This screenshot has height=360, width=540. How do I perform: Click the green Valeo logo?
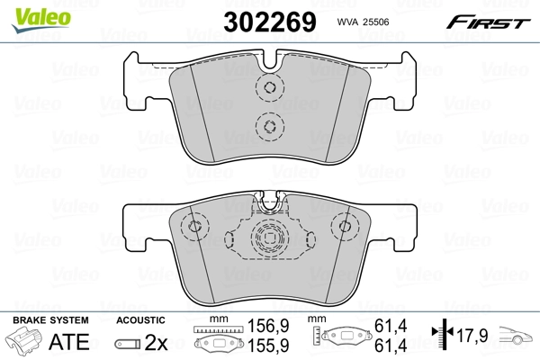point(41,20)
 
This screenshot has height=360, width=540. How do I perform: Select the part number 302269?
point(270,22)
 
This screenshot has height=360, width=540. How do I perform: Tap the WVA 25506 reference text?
point(363,22)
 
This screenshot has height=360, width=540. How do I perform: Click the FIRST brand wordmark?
point(488,22)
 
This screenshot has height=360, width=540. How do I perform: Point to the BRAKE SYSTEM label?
point(50,320)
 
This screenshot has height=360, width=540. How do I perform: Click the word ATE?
point(69,342)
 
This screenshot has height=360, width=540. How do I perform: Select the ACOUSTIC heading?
point(140,320)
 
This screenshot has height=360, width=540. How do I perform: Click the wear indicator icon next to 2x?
point(128,344)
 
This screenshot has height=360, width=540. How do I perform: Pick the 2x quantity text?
point(156,342)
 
